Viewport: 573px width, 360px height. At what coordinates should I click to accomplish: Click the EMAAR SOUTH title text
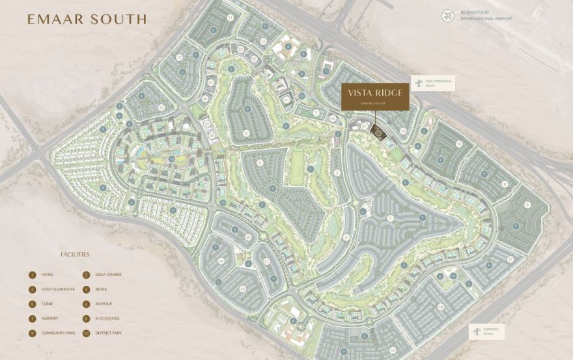[87, 20]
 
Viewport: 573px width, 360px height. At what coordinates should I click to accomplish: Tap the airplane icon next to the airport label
[447, 15]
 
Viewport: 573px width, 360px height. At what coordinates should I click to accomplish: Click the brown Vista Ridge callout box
[375, 96]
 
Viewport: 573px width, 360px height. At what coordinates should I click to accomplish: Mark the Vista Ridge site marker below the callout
[377, 132]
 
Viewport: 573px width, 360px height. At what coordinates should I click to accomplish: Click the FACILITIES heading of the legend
[75, 255]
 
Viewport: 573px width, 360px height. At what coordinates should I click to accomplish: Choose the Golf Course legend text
[108, 275]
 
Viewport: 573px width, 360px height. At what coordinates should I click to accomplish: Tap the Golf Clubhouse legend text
[58, 289]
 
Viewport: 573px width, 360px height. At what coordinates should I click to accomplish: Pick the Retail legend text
[101, 289]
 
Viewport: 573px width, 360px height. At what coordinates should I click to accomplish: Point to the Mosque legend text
[102, 304]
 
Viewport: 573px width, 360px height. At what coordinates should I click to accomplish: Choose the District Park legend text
[108, 333]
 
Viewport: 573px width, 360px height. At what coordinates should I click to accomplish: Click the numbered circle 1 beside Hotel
[32, 275]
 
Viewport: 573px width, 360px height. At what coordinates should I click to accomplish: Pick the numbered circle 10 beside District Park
[86, 333]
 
